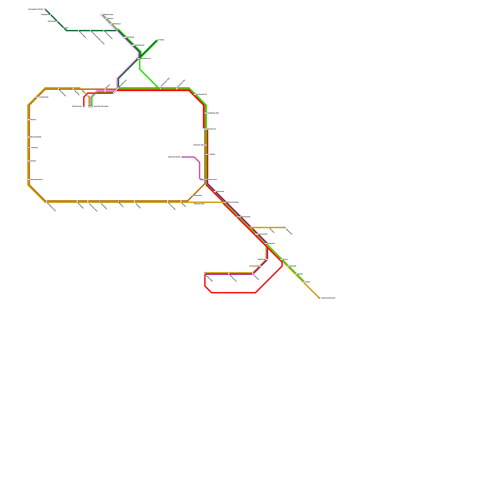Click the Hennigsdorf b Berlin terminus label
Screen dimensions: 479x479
tap(36, 9)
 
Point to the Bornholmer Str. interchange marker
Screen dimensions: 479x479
tap(138, 58)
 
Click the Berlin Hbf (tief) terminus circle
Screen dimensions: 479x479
tap(84, 106)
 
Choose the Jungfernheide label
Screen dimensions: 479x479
tap(44, 97)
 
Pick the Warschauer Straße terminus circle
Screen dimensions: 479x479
tap(182, 157)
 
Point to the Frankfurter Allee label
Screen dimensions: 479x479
tap(198, 145)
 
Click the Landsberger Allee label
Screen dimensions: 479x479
tap(213, 113)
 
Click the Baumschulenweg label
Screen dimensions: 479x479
tap(233, 202)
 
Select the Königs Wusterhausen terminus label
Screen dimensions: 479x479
tap(328, 298)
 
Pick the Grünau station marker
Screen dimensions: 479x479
tap(281, 259)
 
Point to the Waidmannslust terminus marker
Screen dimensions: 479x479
tap(102, 14)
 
